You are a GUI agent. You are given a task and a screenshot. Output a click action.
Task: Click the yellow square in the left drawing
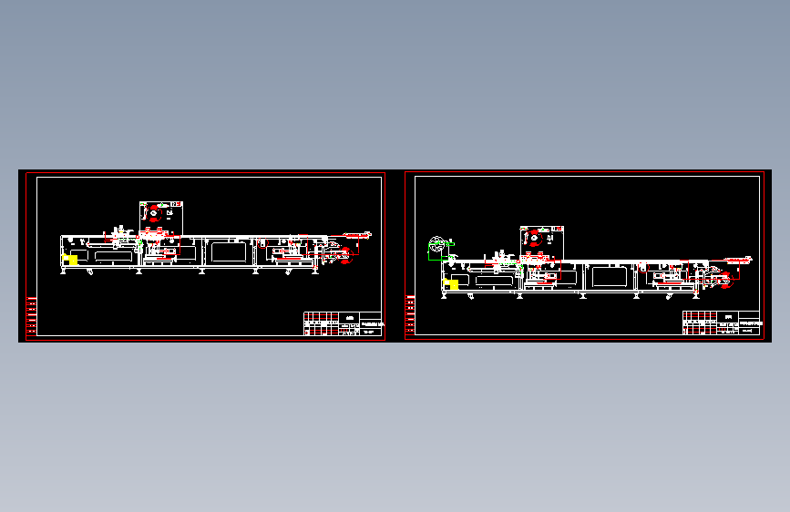pos(70,261)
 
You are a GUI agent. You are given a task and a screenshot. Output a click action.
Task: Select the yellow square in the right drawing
pos(452,284)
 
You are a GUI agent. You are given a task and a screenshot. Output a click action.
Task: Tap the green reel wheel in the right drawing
pos(437,245)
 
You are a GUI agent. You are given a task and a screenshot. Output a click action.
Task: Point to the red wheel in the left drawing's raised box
pos(154,212)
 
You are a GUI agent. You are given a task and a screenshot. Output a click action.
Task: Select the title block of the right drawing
pos(723,323)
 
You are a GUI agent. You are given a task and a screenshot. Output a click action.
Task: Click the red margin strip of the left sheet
pos(30,314)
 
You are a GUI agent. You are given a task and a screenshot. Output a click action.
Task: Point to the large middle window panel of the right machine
pos(608,276)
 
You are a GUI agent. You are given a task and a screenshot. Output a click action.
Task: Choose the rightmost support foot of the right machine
pos(696,294)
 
